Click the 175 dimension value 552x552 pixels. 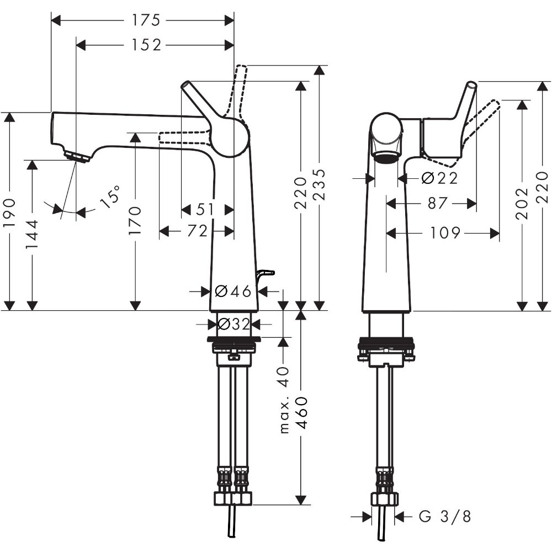coord(146,20)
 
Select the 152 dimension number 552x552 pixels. coord(146,45)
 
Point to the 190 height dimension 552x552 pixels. coord(9,212)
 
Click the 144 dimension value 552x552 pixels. coord(32,234)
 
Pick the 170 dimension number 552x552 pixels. coord(135,220)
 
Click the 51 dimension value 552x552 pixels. coord(205,209)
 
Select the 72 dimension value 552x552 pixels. coord(197,231)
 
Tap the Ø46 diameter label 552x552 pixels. coord(233,291)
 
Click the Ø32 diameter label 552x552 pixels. coord(233,324)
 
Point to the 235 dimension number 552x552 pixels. coord(319,184)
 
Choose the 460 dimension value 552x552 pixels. coord(301,413)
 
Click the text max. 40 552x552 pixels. coord(284,400)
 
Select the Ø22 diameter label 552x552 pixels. coord(439,178)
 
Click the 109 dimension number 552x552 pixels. coord(445,233)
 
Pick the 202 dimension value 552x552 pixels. coord(522,204)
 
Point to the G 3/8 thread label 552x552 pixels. coord(444,517)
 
